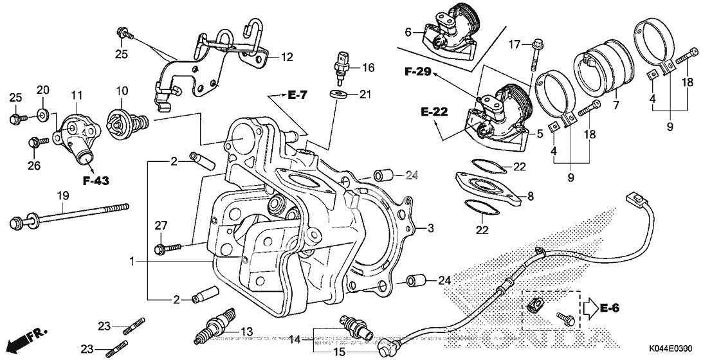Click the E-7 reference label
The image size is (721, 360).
point(297,95)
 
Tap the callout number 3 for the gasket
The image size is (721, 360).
point(431,228)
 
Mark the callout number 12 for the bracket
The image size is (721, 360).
point(287,57)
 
